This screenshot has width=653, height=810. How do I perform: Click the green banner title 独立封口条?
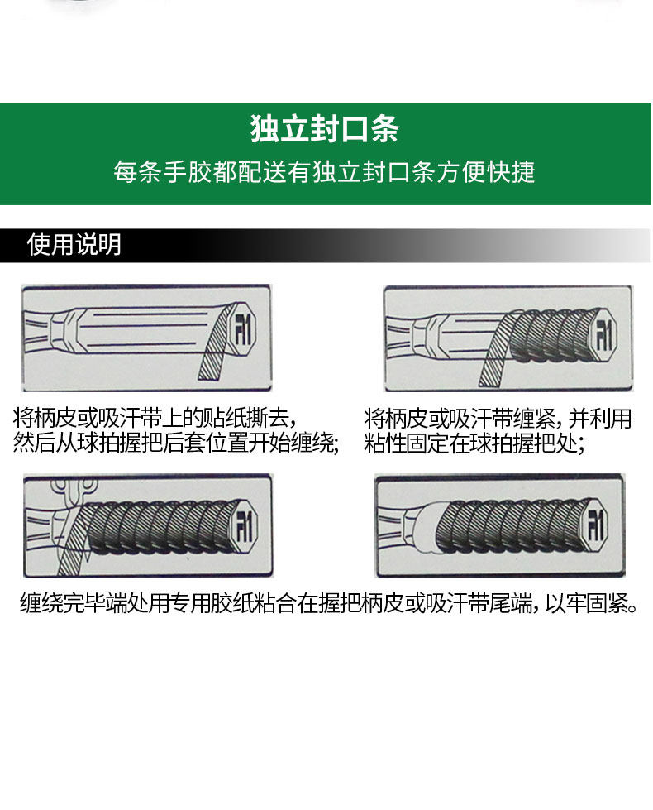(x=325, y=130)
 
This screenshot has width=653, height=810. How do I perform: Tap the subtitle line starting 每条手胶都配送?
(x=325, y=172)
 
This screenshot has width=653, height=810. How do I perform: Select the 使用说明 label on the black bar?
(x=74, y=245)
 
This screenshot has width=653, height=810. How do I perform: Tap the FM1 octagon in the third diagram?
(x=244, y=527)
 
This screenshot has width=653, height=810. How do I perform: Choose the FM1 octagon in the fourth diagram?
(x=594, y=526)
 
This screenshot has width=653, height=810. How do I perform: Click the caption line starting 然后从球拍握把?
(x=176, y=443)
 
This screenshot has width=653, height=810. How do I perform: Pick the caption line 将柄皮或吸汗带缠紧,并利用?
(x=498, y=418)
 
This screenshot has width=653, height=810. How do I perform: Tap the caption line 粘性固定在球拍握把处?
(x=474, y=443)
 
